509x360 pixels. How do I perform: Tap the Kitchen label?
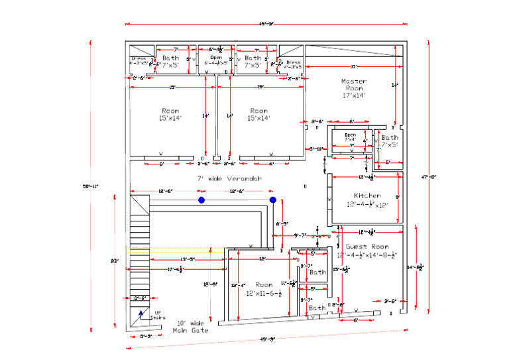click(x=367, y=200)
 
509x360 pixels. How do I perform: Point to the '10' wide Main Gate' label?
click(x=190, y=326)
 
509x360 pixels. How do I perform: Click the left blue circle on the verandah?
click(x=201, y=200)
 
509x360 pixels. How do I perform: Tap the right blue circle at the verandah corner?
click(x=272, y=200)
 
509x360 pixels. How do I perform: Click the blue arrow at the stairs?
click(x=141, y=313)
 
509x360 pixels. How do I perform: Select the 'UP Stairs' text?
click(x=158, y=315)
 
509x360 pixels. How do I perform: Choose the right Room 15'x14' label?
click(x=259, y=114)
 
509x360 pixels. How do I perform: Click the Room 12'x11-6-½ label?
click(x=259, y=288)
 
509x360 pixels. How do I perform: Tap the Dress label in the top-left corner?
click(x=139, y=62)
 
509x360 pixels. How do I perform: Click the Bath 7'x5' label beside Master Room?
click(x=390, y=141)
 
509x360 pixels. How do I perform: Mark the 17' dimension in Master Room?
click(x=354, y=66)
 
